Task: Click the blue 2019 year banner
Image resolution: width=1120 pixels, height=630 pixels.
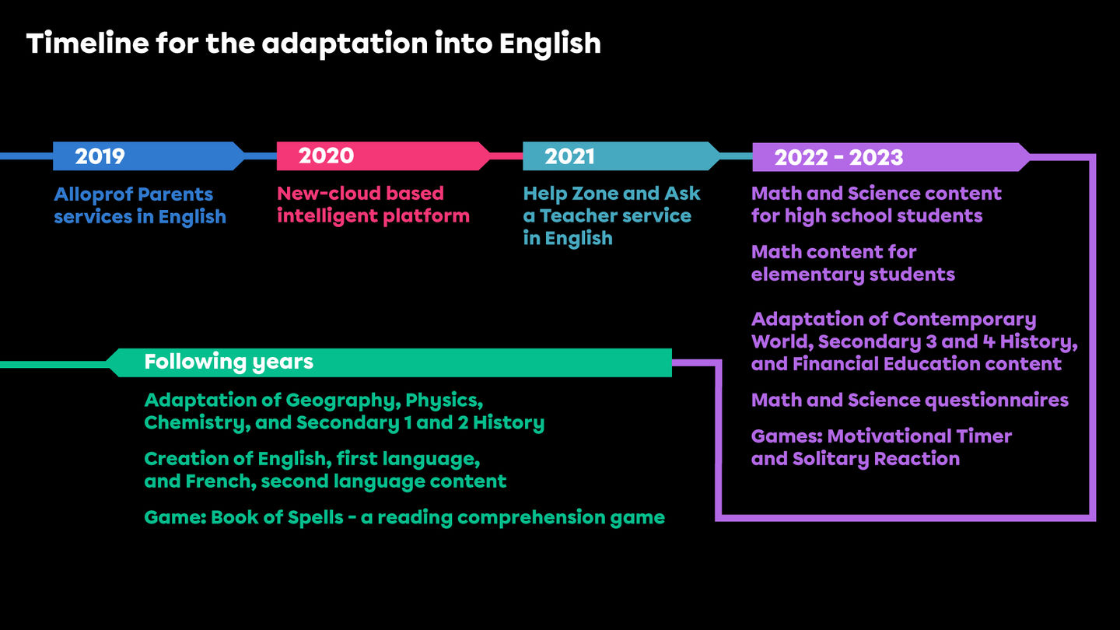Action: (149, 156)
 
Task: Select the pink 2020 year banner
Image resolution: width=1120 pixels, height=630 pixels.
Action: (383, 156)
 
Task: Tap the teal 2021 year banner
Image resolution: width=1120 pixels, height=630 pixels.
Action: (621, 156)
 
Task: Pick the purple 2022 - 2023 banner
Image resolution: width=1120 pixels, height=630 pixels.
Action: (891, 157)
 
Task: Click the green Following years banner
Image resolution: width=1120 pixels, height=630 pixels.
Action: (389, 362)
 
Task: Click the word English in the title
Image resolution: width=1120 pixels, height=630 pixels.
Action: (550, 45)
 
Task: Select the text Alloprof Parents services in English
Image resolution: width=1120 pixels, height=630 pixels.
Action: (140, 205)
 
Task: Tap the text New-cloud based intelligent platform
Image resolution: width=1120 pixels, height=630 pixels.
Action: (373, 205)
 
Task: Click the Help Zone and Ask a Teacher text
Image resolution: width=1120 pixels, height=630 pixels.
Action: (611, 216)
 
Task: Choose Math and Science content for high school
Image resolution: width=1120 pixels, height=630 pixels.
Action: (876, 205)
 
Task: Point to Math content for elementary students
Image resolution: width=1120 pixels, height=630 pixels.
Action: (853, 263)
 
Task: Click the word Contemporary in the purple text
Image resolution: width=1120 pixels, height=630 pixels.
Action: (964, 320)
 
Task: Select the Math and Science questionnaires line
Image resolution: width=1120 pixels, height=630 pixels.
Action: (909, 401)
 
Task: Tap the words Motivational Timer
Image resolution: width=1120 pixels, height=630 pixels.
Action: (919, 436)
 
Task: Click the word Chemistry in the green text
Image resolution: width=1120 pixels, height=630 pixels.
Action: (197, 423)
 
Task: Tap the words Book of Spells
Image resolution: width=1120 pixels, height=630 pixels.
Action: (277, 518)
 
